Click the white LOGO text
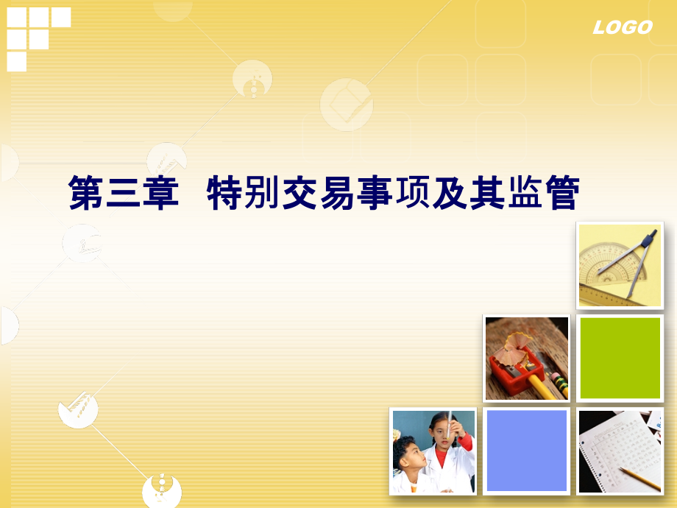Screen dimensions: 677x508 coord(622,28)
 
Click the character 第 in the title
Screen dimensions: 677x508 coord(85,193)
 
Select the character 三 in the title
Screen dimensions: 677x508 coord(123,193)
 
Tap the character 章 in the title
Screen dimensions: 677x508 coord(160,193)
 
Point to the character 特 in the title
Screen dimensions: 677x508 coord(224,193)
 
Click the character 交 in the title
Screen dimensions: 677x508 coord(299,193)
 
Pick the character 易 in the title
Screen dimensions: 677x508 coord(337,193)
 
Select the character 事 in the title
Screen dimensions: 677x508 coord(375,193)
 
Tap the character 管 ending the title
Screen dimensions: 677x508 coord(563,193)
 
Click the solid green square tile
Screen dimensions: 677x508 coord(620,358)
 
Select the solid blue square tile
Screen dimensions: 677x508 coord(527,451)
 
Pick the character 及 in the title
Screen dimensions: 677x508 coord(450,193)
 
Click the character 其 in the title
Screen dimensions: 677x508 coord(487,193)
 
